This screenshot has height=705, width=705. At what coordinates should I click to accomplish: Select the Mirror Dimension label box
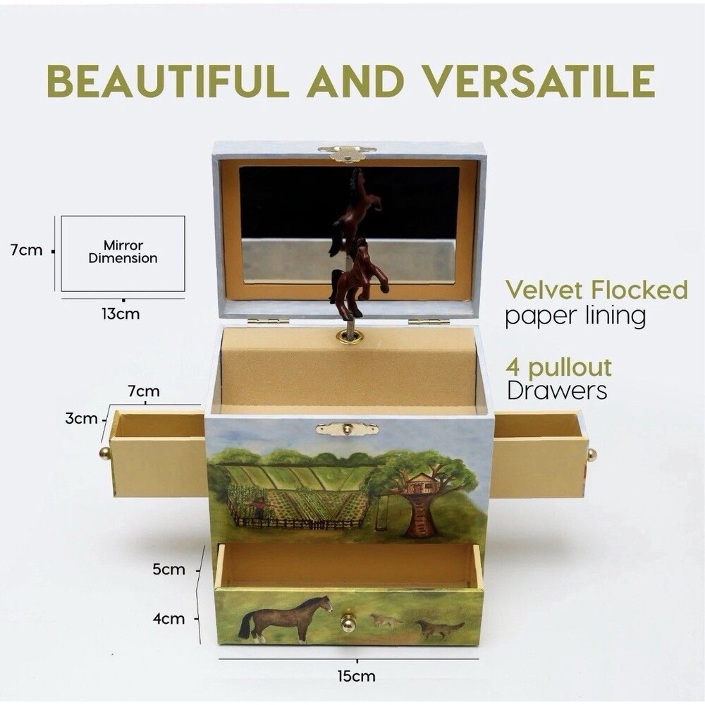[x=123, y=253]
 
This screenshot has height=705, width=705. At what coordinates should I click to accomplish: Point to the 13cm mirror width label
[x=121, y=314]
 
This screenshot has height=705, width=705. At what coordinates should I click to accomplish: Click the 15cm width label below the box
[x=356, y=676]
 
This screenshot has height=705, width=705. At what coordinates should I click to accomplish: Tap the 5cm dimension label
[x=168, y=570]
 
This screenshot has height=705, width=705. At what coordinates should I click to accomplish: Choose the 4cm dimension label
[x=168, y=619]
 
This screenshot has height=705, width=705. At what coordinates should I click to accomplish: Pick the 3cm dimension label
[x=81, y=419]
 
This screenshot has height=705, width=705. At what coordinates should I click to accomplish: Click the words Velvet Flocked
[x=596, y=290]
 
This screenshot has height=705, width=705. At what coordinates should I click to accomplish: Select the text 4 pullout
[x=558, y=367]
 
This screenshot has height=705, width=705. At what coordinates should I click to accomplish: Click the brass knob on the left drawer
[x=104, y=453]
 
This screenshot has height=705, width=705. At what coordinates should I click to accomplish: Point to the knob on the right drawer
[x=591, y=455]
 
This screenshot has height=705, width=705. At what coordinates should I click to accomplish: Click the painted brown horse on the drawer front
[x=286, y=616]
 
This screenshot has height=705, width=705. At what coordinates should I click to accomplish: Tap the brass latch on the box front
[x=347, y=428]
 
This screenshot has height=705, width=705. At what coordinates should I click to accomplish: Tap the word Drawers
[x=557, y=391]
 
